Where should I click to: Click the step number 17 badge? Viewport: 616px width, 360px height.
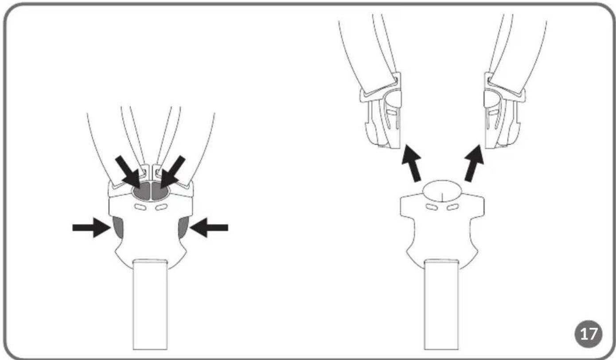coord(588,334)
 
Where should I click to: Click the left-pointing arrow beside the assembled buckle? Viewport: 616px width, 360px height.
coord(209,227)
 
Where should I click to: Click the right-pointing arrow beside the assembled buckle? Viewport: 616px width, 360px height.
coord(92,227)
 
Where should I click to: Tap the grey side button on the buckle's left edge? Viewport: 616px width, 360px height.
coord(117,227)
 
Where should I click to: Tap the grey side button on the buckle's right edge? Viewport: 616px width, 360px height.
coord(183,227)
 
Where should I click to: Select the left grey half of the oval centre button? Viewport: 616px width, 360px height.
coord(141,190)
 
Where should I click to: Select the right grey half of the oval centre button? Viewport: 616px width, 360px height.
coord(161,190)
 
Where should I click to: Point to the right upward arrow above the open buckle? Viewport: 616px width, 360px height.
coord(474,163)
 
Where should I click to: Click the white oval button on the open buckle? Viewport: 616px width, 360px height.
coord(442,191)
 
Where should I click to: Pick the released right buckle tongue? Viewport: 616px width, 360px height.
coord(505,110)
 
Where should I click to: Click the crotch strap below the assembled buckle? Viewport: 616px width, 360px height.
coord(150,304)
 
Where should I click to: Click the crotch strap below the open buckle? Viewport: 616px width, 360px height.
coord(441,304)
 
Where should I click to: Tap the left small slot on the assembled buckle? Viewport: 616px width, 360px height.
coord(140,207)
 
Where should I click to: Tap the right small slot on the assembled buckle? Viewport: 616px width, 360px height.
coord(161,207)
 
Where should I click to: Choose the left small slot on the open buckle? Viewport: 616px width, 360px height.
coord(432,207)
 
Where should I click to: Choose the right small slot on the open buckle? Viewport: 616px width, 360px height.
coord(452,207)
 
